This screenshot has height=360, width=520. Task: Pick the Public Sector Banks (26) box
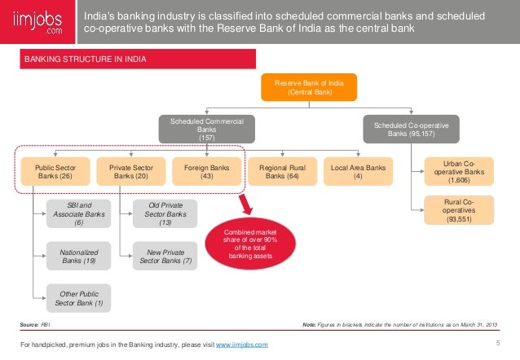pos(55,172)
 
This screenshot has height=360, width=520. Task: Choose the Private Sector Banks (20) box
pos(130,172)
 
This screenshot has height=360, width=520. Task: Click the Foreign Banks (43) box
pos(206,172)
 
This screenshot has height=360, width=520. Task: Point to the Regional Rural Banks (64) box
pos(283,172)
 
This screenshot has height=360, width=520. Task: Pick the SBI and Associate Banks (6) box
pos(78,213)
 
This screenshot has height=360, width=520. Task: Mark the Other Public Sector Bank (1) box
pos(78,299)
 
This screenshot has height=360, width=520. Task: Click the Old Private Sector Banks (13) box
pos(165,213)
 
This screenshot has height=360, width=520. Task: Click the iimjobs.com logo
pos(36,21)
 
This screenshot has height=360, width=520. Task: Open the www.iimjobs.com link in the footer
pos(241,346)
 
